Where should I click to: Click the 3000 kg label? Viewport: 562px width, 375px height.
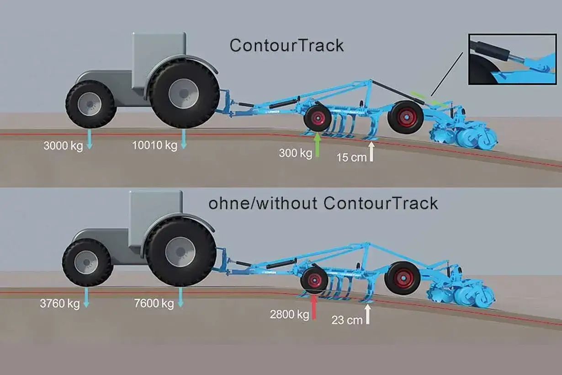tap(63, 146)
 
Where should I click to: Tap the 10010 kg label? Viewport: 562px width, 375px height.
tap(154, 145)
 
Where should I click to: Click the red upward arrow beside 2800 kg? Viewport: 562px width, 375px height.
tap(314, 307)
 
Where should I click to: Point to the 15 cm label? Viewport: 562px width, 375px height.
tap(351, 157)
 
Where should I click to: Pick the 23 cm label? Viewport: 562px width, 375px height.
tap(347, 320)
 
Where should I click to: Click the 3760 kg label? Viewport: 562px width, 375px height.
tap(60, 303)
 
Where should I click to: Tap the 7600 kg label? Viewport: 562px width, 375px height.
tap(154, 303)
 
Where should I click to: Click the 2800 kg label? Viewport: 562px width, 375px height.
tap(290, 314)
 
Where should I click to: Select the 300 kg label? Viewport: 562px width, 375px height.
tap(296, 153)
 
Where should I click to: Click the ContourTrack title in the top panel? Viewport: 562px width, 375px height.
tap(286, 46)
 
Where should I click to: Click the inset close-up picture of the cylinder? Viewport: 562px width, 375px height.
tap(512, 59)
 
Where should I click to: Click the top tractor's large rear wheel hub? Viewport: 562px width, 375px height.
tap(184, 94)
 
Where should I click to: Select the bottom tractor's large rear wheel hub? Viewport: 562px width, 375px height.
tap(180, 252)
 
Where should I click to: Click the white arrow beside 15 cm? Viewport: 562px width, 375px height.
tap(371, 152)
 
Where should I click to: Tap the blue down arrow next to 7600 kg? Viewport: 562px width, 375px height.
tap(180, 298)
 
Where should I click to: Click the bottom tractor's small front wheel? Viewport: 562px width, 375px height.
tap(87, 262)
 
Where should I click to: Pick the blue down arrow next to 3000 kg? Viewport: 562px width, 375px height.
tap(90, 139)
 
